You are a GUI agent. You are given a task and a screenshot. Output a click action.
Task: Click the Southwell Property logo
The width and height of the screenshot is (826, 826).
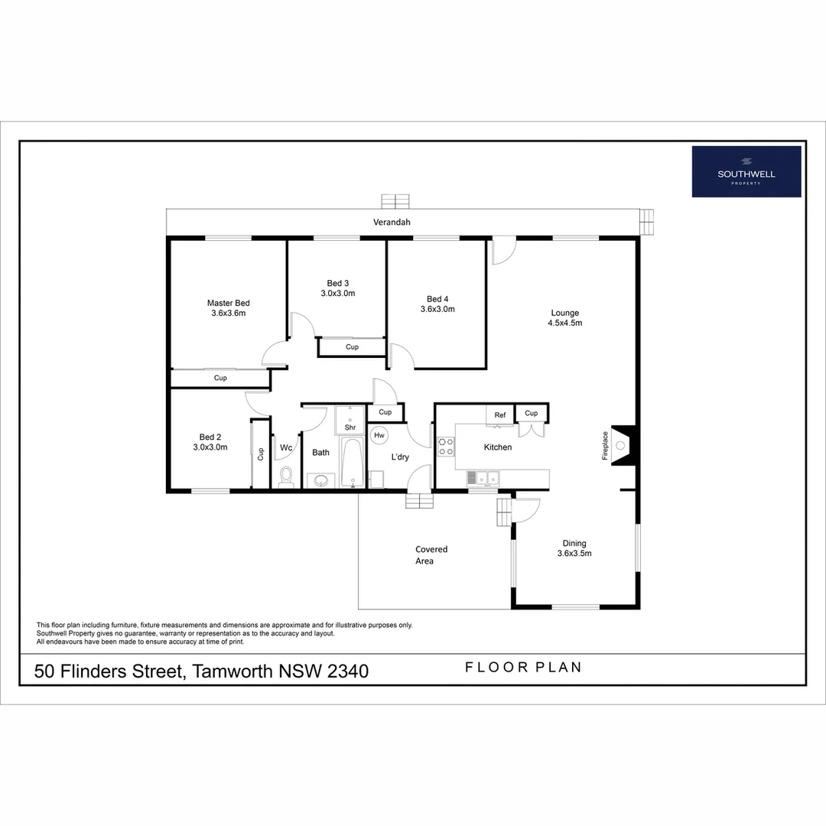pos(746,171)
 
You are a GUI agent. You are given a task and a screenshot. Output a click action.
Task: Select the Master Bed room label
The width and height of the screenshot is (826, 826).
pos(228,307)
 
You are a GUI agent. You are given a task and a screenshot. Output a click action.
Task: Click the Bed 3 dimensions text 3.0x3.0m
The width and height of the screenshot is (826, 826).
pos(337,294)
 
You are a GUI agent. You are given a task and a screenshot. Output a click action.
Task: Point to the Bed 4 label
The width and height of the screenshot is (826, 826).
pos(437,299)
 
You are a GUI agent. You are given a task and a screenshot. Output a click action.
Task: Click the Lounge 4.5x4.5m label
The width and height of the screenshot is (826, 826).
pos(564,317)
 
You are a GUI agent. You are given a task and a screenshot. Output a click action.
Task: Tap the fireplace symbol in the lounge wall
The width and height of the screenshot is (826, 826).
pos(621,445)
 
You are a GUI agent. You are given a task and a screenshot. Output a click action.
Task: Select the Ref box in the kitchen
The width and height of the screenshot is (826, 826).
pos(499,415)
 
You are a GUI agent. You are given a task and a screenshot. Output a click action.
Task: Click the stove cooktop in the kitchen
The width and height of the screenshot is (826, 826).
pos(445,447)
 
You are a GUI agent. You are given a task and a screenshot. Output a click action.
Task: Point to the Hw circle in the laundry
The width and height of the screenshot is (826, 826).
pos(379,434)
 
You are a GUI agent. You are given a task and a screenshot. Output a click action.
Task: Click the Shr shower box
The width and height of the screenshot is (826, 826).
pos(350,428)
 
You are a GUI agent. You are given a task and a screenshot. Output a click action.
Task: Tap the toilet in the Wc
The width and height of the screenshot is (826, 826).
pos(287,476)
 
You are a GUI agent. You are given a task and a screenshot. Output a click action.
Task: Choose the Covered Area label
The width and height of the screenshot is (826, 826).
pos(431,555)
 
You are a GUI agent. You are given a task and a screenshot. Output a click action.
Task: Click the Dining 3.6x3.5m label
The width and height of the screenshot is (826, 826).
pos(574,548)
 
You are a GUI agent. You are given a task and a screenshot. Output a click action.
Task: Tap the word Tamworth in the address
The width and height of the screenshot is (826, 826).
pos(233,672)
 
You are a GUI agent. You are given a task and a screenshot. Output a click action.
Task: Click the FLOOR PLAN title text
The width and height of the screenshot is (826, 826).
pos(523,668)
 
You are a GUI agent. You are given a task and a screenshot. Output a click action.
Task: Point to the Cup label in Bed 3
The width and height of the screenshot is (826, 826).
pos(352,347)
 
